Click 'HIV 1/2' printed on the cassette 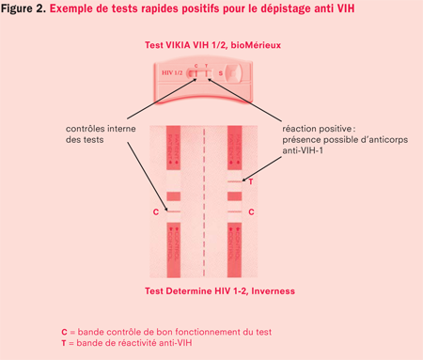coord(172,72)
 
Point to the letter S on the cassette coord(220,72)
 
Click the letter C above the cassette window coord(194,66)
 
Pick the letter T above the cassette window coord(204,66)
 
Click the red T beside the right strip coord(251,180)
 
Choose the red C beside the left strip coord(155,212)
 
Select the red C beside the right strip coord(251,212)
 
